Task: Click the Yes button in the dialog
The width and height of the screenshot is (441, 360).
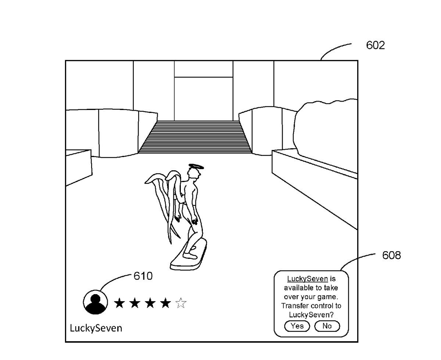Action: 297,326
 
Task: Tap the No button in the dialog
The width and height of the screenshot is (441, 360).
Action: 327,326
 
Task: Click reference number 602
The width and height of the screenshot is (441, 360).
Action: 375,46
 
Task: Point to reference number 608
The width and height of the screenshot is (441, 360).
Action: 391,255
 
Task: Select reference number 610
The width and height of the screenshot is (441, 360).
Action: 143,276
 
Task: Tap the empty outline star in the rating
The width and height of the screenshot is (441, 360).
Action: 181,303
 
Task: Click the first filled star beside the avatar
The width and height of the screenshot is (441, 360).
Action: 119,303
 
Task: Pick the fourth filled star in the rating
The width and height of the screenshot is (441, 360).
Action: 166,303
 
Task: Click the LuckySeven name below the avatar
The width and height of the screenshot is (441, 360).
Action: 96,328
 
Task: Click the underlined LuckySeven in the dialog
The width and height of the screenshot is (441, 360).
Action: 307,279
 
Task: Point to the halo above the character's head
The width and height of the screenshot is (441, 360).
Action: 196,167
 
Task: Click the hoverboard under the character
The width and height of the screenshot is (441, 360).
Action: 188,256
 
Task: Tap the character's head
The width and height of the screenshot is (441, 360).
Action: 194,175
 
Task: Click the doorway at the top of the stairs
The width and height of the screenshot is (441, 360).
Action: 203,99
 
